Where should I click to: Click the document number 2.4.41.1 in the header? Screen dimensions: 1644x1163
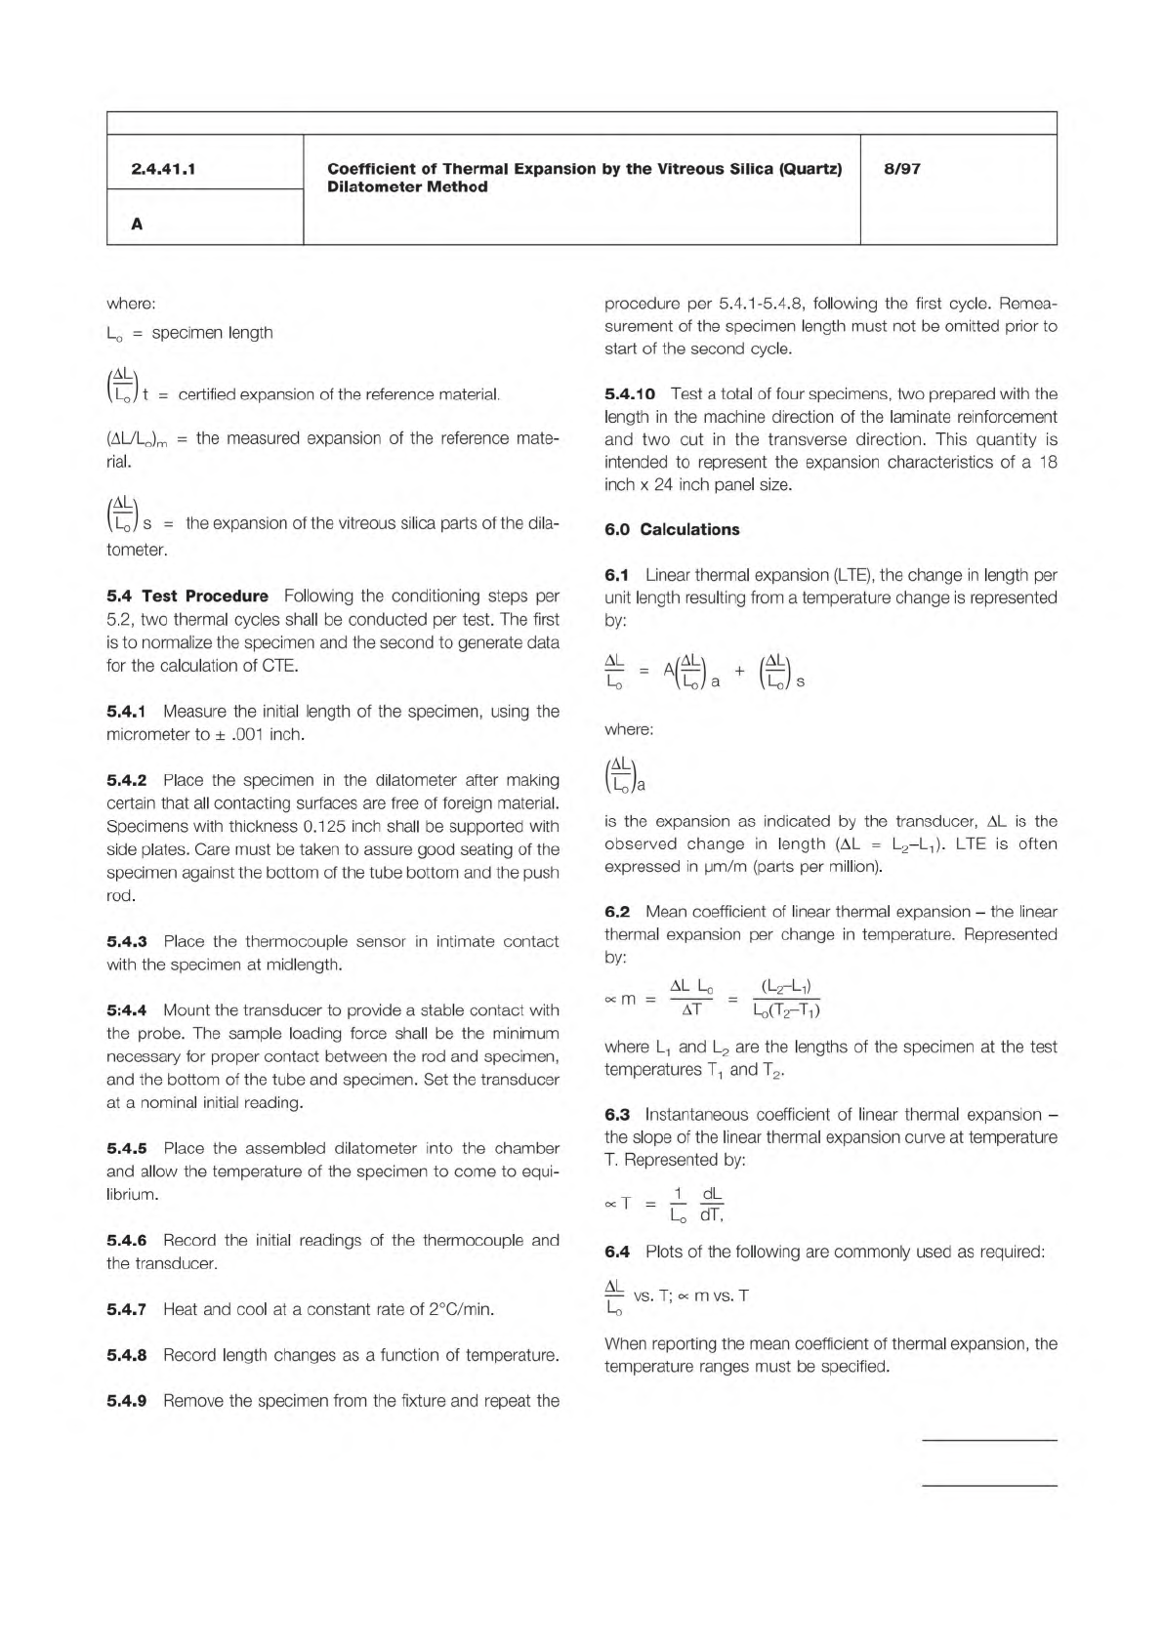point(163,169)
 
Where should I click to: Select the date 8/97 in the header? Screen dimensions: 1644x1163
point(901,169)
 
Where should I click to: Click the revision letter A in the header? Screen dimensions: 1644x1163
point(137,225)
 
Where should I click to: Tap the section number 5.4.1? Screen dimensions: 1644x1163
point(126,712)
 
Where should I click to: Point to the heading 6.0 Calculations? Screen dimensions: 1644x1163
point(672,530)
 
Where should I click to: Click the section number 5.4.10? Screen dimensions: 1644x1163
point(629,394)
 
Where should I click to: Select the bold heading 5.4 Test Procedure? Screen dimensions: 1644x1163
point(187,596)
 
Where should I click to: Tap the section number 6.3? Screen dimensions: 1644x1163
point(617,1115)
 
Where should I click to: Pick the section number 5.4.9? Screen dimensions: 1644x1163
point(126,1401)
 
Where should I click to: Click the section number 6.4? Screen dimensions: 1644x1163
point(617,1252)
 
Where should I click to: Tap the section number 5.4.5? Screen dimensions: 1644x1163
point(126,1149)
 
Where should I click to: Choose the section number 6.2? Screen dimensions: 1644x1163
point(617,912)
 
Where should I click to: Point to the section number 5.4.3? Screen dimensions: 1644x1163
point(126,942)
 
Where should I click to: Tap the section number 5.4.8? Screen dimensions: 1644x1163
point(126,1355)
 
